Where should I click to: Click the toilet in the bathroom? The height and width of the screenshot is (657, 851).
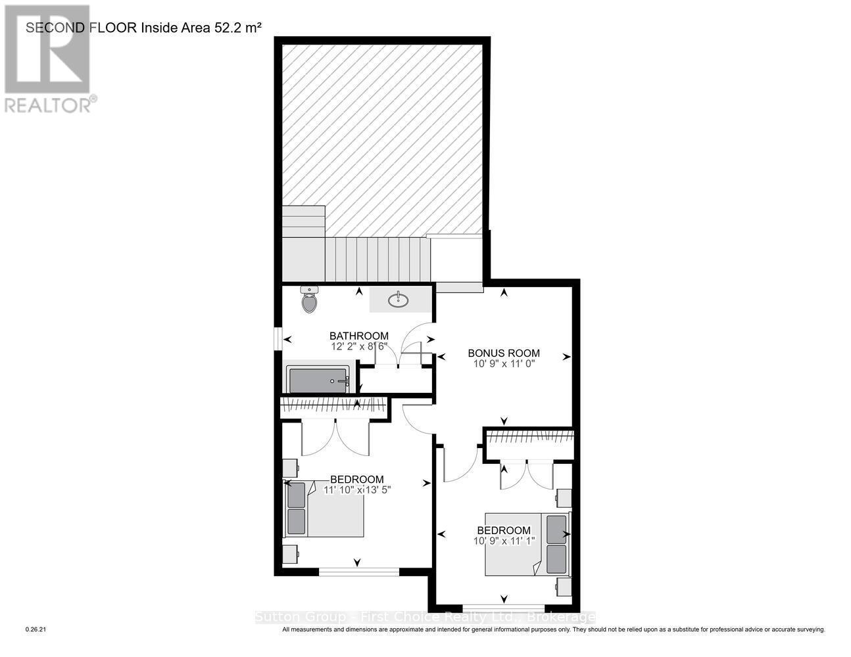pos(309,300)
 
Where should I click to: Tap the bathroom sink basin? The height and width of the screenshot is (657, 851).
pos(397,300)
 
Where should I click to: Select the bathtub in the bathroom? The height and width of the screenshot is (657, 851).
pos(319,380)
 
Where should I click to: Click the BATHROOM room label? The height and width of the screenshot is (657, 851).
pos(358,336)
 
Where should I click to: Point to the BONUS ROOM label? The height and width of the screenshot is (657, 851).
pos(504,353)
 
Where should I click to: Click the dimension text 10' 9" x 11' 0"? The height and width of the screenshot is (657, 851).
pos(504,363)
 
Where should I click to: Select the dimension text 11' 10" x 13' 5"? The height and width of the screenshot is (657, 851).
pos(356,489)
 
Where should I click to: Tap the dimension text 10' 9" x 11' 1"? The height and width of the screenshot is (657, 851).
pos(504,540)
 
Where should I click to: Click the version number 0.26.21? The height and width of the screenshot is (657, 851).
pos(36,629)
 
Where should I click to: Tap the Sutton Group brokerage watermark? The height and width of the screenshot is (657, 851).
pos(425,617)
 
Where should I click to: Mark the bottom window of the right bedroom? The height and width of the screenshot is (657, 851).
pos(504,608)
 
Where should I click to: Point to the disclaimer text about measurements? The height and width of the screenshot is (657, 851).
pos(553,629)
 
